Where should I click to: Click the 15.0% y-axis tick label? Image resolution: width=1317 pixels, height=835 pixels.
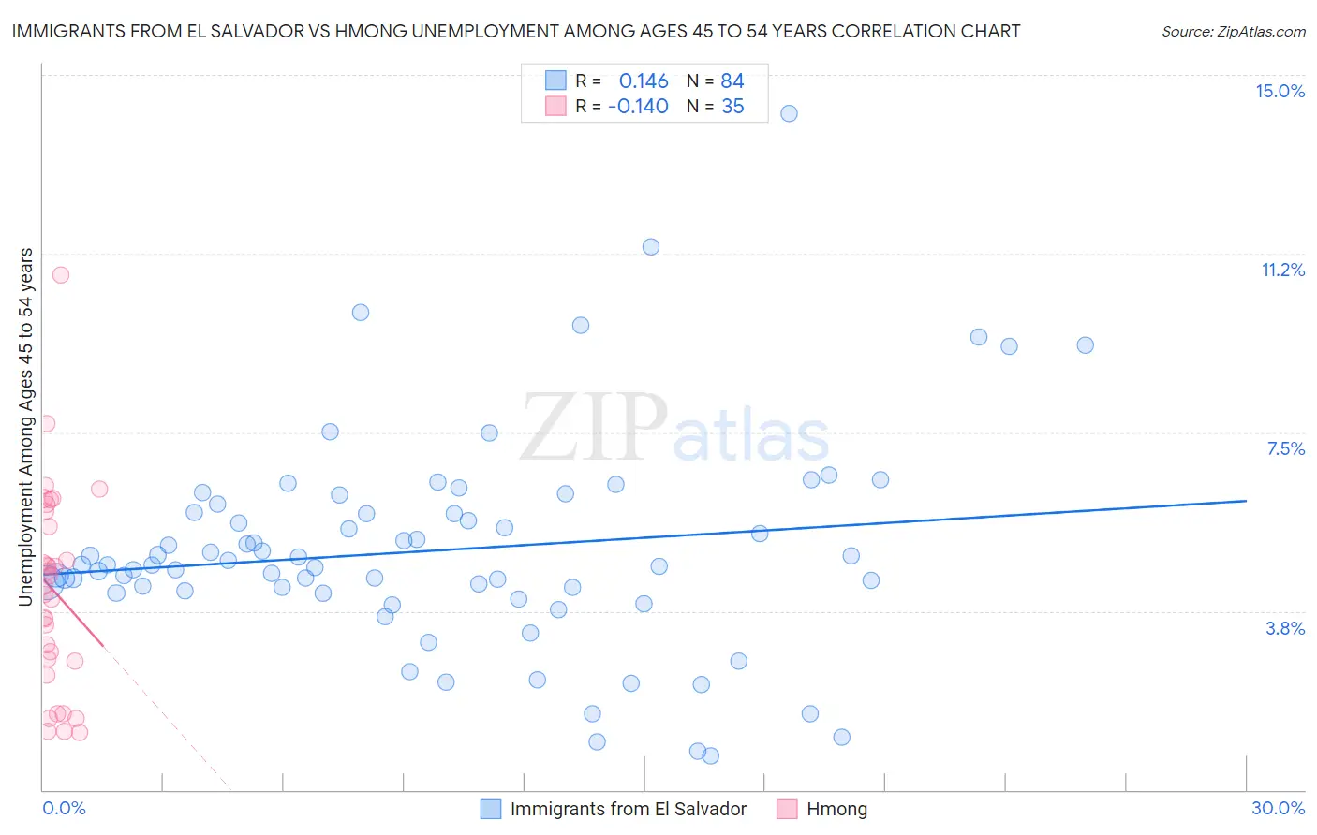(x=1280, y=91)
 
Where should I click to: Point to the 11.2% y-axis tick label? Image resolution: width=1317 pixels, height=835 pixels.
(x=1282, y=271)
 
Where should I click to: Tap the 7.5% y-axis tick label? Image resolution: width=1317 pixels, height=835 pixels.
(x=1285, y=449)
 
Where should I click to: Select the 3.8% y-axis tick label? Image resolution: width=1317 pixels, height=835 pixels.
(x=1285, y=629)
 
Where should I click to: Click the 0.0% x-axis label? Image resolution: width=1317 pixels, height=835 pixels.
(x=64, y=808)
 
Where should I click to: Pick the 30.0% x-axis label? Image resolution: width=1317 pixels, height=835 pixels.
(x=1278, y=808)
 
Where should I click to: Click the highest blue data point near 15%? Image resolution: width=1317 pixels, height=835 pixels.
(x=789, y=113)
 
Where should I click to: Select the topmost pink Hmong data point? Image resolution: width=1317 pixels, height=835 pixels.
(x=61, y=275)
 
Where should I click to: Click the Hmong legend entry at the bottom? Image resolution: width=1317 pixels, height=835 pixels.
(x=836, y=809)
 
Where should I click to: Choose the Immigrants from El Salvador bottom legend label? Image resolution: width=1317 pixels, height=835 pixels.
(x=628, y=809)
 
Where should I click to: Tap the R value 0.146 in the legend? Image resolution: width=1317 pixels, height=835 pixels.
(x=644, y=81)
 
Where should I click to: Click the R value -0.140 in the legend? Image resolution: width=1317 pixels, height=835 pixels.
(x=638, y=107)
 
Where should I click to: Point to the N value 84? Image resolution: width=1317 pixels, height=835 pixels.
(x=732, y=81)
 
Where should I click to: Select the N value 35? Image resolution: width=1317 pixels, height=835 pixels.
(x=732, y=107)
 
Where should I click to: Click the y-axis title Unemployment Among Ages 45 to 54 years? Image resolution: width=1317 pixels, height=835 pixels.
(x=26, y=427)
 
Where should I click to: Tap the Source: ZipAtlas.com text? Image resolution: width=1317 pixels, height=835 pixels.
(x=1233, y=32)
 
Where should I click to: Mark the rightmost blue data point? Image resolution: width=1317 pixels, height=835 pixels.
(x=1085, y=345)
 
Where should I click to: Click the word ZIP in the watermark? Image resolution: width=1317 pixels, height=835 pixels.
(x=594, y=429)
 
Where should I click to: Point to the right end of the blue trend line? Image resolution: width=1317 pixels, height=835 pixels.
(x=1246, y=501)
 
